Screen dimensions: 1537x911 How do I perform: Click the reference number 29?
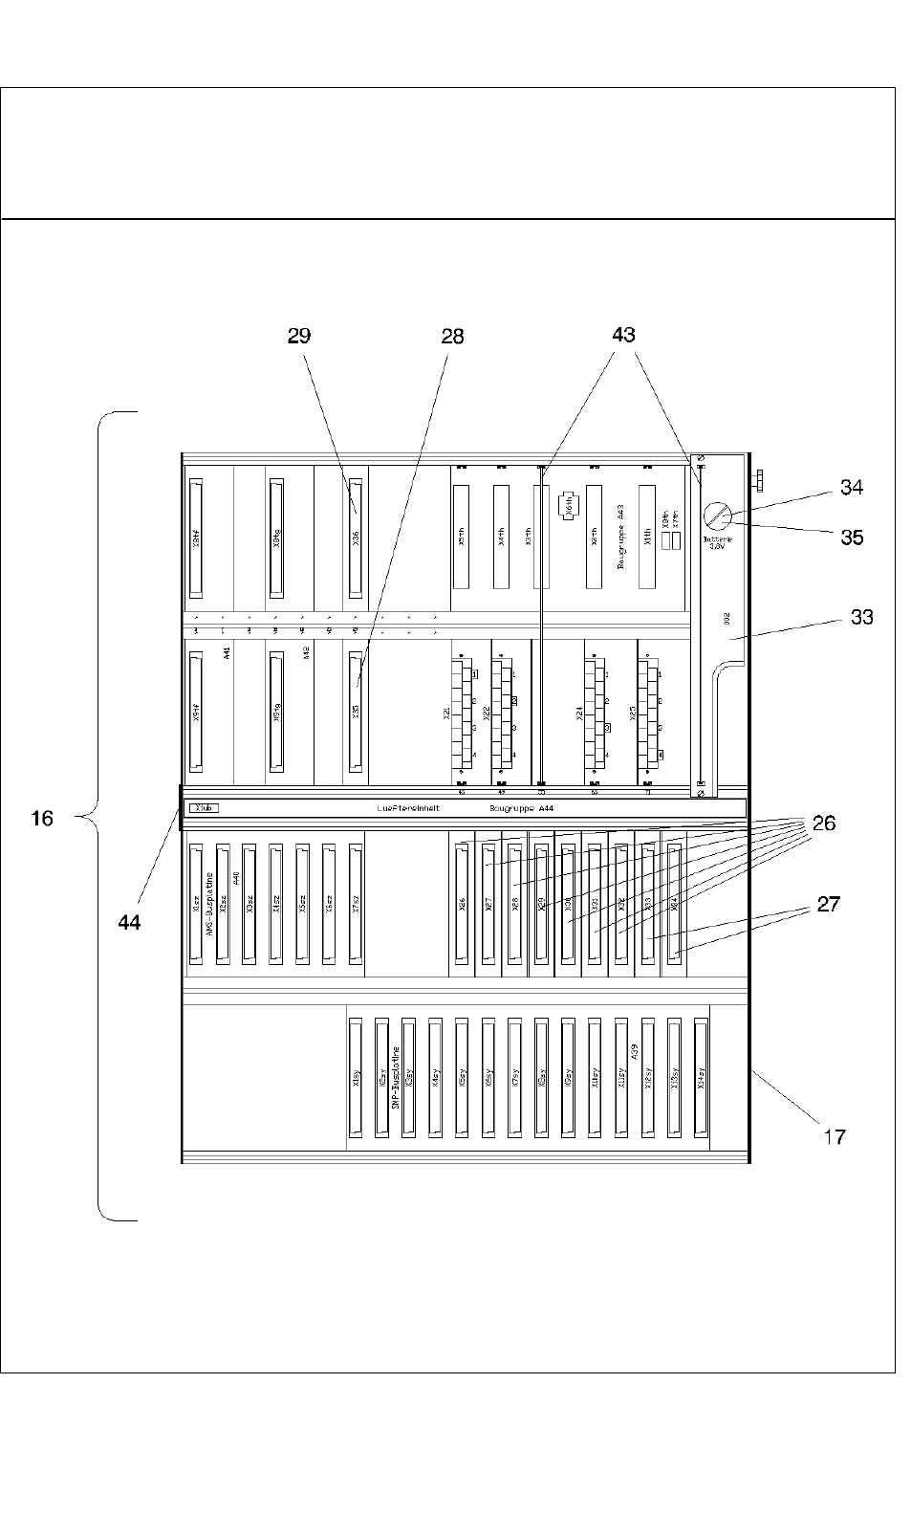point(298,336)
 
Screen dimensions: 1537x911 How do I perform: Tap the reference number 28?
point(452,336)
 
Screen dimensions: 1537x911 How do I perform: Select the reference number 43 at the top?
point(623,335)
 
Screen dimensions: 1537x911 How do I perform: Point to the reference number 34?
point(851,488)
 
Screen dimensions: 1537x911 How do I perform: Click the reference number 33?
point(861,617)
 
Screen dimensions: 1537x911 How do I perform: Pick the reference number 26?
point(823,823)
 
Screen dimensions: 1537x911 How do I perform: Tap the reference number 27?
point(828,905)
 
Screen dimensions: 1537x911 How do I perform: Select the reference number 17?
point(835,1136)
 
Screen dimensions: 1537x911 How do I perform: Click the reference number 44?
point(129,922)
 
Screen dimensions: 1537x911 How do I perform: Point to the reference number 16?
point(42,818)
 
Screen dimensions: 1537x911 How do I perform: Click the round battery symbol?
point(718,517)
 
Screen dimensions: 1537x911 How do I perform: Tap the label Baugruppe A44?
point(521,809)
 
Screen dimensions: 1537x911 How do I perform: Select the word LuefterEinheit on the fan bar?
point(408,809)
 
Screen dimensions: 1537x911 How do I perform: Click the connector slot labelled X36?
point(357,538)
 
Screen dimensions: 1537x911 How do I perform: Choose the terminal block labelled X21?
point(465,714)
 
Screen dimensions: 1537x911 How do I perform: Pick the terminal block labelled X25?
point(651,714)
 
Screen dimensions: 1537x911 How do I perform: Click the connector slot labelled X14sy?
point(700,1077)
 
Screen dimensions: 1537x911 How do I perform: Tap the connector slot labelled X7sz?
point(357,903)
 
